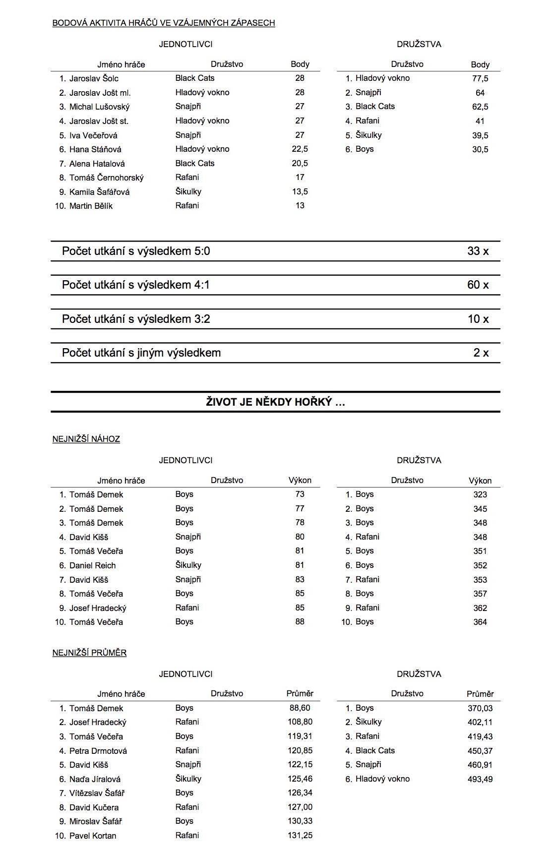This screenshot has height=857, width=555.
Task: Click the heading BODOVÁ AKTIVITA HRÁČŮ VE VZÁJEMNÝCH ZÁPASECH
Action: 164,23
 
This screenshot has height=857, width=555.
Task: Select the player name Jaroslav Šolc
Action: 94,78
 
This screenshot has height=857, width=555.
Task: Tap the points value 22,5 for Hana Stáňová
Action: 300,149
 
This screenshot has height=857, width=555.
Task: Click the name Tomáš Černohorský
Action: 106,178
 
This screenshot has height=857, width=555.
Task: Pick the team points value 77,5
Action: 480,78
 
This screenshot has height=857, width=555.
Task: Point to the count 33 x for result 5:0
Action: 478,251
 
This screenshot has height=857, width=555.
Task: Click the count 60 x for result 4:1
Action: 478,285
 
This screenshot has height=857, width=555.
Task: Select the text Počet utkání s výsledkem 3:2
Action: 136,319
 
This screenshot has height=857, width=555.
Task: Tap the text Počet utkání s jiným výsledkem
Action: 141,353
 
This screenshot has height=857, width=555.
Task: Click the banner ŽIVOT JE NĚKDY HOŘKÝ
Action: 275,402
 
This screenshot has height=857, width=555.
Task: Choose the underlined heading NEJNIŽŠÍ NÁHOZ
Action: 86,439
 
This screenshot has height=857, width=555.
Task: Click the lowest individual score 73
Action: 300,494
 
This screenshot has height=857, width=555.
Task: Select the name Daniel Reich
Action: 92,565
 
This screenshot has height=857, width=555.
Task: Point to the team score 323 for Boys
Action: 480,494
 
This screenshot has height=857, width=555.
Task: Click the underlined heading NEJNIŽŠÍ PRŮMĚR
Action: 89,653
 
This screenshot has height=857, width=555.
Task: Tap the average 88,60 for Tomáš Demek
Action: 300,708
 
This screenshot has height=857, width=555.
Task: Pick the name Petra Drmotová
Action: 98,751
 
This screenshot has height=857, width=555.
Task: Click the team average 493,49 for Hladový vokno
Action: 480,779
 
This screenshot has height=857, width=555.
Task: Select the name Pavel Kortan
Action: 93,836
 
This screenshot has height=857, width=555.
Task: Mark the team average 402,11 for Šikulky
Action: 480,723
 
